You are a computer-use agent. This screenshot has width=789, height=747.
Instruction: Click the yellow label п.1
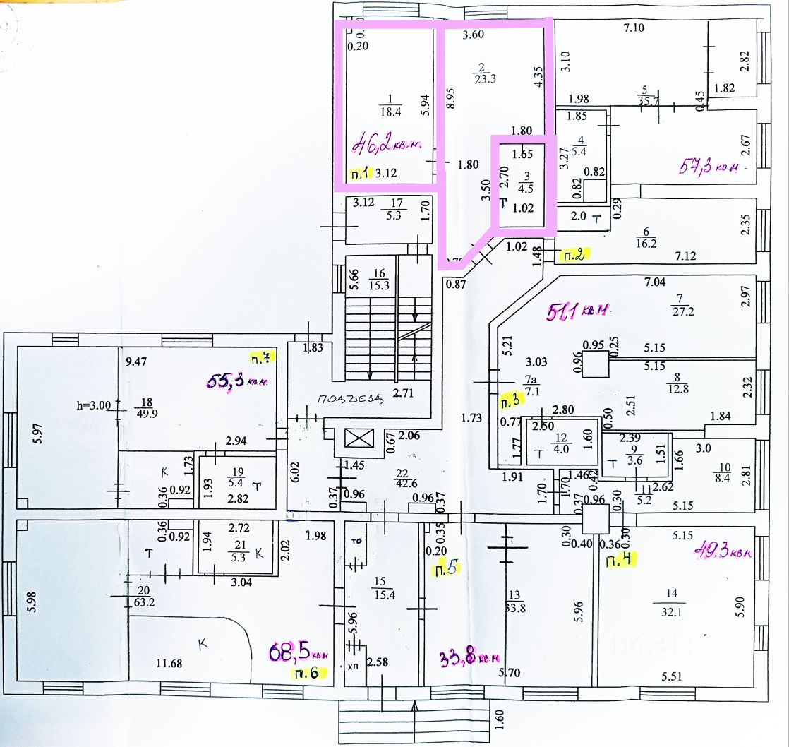[362, 173]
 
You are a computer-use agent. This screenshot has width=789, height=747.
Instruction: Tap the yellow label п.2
[574, 255]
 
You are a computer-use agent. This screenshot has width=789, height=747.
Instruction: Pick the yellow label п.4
[618, 562]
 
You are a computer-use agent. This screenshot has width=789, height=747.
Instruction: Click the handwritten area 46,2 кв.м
[386, 145]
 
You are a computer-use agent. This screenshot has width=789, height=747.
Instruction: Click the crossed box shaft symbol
[356, 438]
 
